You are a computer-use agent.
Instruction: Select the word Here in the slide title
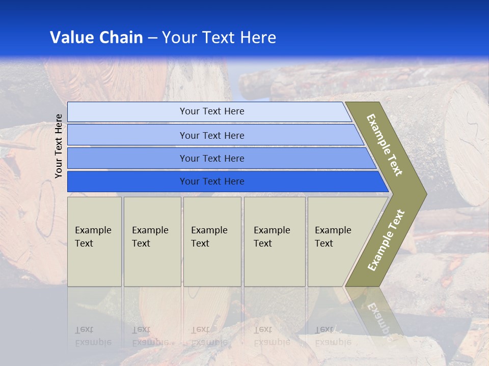258,38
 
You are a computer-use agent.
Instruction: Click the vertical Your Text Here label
59,146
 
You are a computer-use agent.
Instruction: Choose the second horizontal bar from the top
212,135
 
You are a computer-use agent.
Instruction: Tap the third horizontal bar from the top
212,158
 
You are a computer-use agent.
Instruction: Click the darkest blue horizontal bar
212,181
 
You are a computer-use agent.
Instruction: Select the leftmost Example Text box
94,241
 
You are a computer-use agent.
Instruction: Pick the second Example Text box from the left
152,241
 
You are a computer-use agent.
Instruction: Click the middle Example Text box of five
212,241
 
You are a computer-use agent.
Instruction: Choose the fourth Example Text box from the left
275,241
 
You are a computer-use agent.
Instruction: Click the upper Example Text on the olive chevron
385,145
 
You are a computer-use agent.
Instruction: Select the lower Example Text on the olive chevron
386,240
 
